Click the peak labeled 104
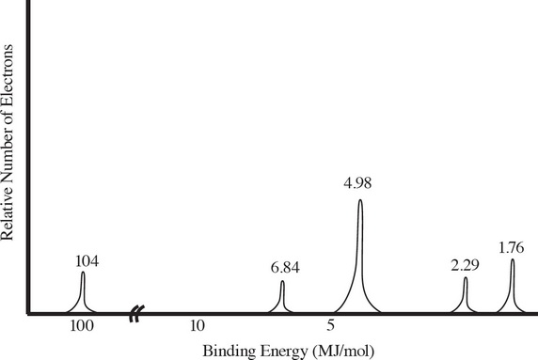[x=83, y=291]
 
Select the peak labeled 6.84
[x=282, y=297]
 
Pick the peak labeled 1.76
[x=513, y=285]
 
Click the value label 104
[x=87, y=261]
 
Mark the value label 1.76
[x=513, y=248]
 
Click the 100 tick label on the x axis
[x=82, y=327]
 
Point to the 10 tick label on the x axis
[x=197, y=327]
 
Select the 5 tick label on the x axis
[x=331, y=327]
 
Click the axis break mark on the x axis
[x=137, y=314]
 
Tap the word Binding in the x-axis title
[x=227, y=352]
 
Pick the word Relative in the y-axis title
[x=10, y=211]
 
